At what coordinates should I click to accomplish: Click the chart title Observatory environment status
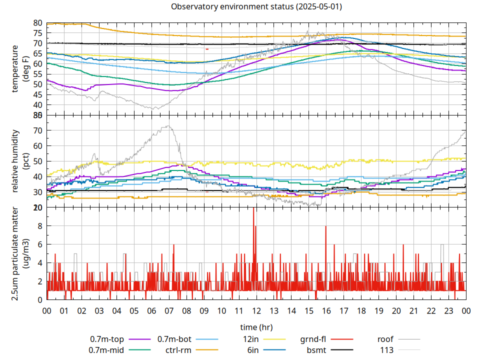pos(256,7)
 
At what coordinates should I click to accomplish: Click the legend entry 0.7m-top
pos(107,339)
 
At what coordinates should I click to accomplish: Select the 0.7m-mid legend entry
pos(106,350)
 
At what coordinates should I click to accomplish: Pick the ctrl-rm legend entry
pos(178,350)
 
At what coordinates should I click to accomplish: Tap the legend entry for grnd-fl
pos(313,339)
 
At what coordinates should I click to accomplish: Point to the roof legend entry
pos(385,339)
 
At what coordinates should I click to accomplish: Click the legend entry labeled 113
pos(387,350)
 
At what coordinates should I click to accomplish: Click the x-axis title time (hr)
pos(256,327)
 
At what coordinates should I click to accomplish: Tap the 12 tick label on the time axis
pos(256,311)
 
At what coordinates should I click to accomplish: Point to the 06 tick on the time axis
pos(151,311)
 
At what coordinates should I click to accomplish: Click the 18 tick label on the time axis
pos(361,311)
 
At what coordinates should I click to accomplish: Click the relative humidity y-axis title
pos(16,161)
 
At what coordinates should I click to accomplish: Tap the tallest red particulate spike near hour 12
pos(253,209)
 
